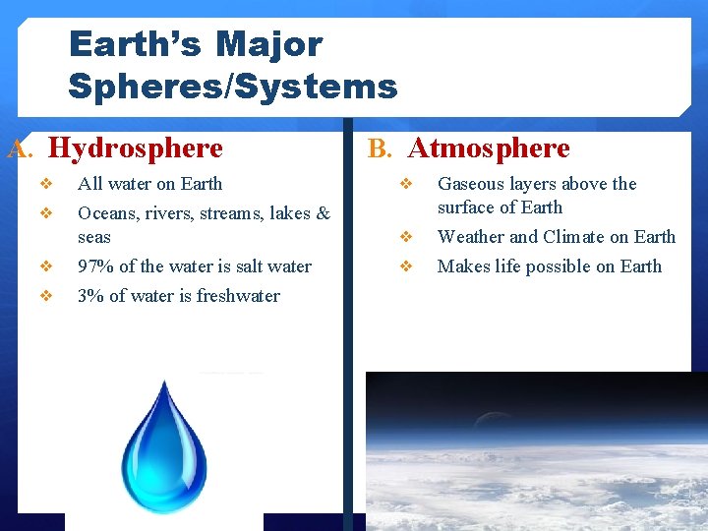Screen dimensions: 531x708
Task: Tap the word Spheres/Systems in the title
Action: click(x=232, y=87)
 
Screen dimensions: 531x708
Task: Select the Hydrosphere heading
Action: click(x=136, y=148)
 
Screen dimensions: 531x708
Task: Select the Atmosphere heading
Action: click(x=489, y=148)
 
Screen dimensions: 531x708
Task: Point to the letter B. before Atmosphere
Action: click(x=380, y=149)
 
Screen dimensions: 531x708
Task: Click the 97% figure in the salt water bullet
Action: click(x=94, y=266)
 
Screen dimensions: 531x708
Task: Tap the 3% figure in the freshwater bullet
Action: click(x=89, y=296)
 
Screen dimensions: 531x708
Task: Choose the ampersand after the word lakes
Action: click(x=324, y=213)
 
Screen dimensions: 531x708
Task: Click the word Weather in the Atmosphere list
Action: click(x=471, y=237)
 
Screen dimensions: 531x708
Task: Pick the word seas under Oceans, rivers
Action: click(x=94, y=237)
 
